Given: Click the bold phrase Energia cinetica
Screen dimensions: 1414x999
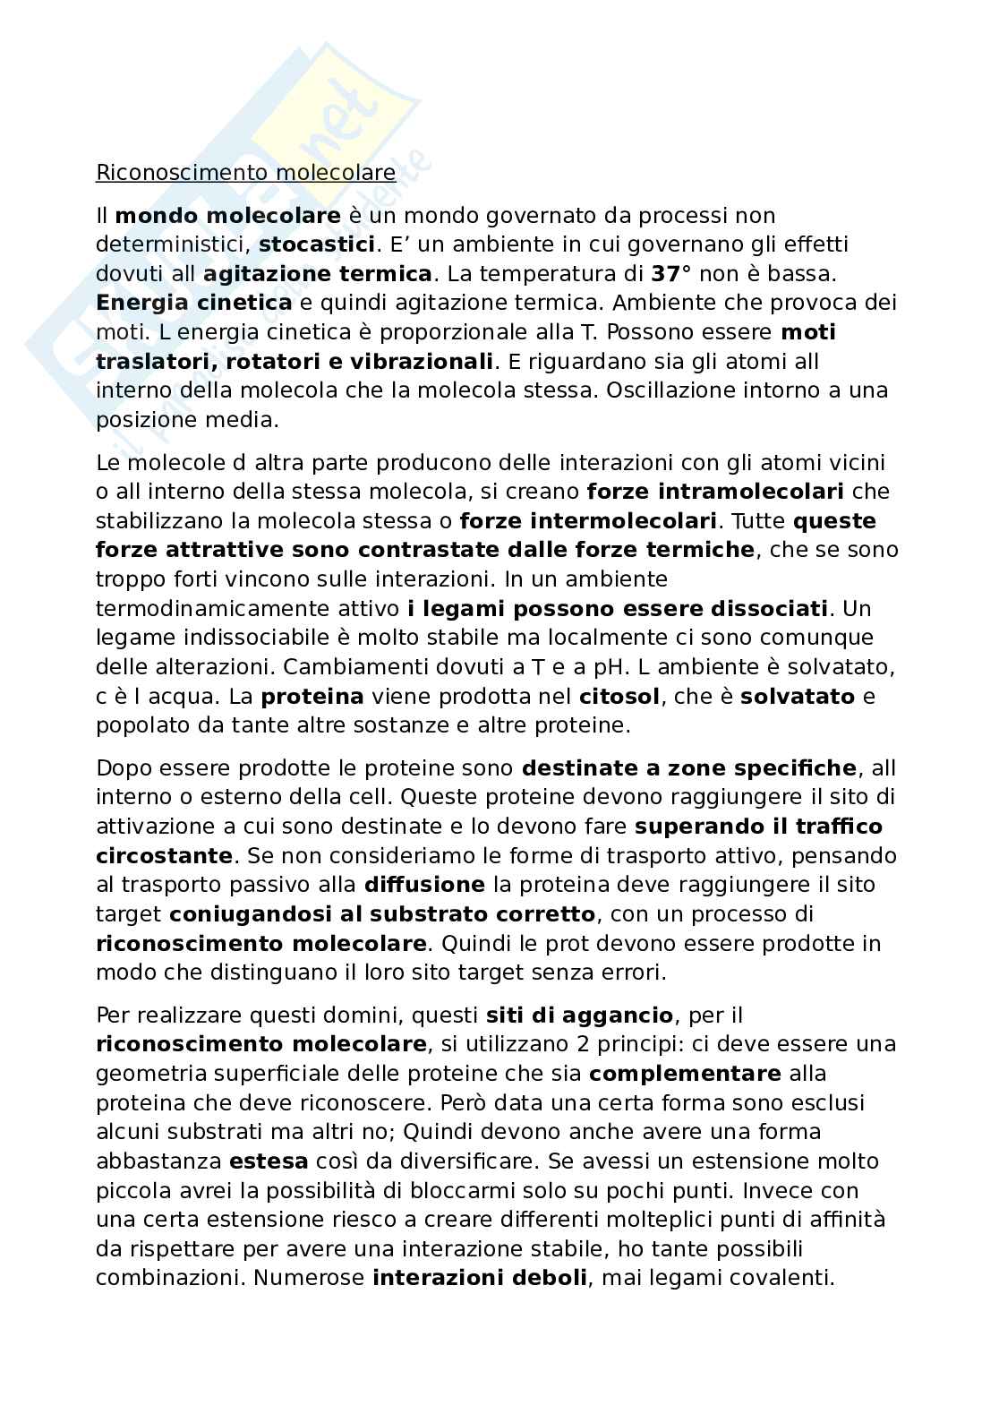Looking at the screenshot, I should [193, 303].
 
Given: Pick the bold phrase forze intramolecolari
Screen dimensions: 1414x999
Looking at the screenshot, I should [715, 492].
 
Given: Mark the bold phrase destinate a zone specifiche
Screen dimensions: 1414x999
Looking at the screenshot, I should [688, 768].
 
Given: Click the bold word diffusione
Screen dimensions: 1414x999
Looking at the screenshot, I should [424, 885].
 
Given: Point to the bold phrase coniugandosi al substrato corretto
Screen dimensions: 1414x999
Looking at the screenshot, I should [382, 914].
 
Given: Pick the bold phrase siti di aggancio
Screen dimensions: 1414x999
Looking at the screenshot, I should [579, 1016].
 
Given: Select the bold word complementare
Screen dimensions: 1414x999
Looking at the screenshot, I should [685, 1074].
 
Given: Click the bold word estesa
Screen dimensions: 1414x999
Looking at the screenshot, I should [269, 1161].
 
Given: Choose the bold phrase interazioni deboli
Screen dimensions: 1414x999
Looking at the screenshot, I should [480, 1279].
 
